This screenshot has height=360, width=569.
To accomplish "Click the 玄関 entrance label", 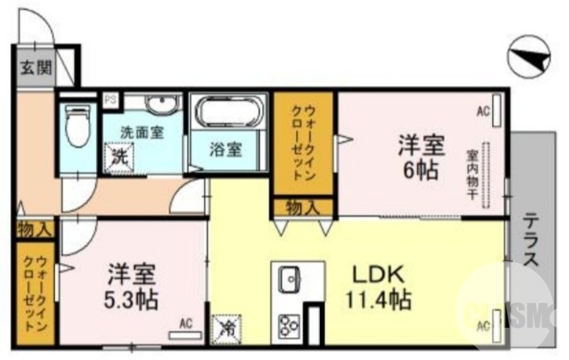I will (x=35, y=68).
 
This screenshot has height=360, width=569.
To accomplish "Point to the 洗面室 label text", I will (x=142, y=132).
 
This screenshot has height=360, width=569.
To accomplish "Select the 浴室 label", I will (x=226, y=150).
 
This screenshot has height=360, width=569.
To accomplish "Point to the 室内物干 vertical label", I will (x=472, y=175).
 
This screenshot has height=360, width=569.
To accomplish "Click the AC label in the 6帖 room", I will (x=484, y=110).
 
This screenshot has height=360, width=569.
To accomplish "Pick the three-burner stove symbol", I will (x=289, y=324).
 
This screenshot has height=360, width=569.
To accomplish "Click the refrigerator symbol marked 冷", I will (x=229, y=327).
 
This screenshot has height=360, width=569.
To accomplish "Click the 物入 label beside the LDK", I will (x=302, y=207).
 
